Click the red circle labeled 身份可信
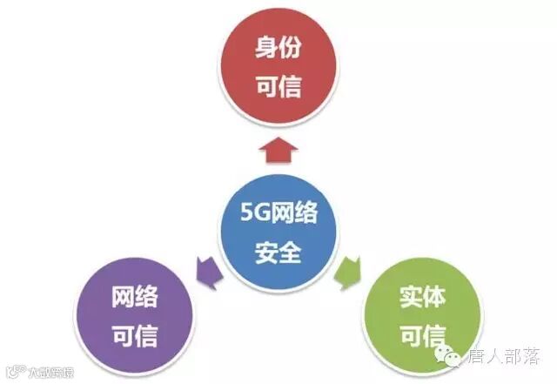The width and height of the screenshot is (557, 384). click(x=278, y=65)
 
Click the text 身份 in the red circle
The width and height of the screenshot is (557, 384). click(x=278, y=47)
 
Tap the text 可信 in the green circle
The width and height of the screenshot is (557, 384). click(x=421, y=336)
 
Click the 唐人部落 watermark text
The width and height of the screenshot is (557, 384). click(x=505, y=358)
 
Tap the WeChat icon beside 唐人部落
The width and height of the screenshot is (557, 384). click(x=453, y=356)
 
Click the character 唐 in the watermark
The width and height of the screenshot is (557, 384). click(x=479, y=358)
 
